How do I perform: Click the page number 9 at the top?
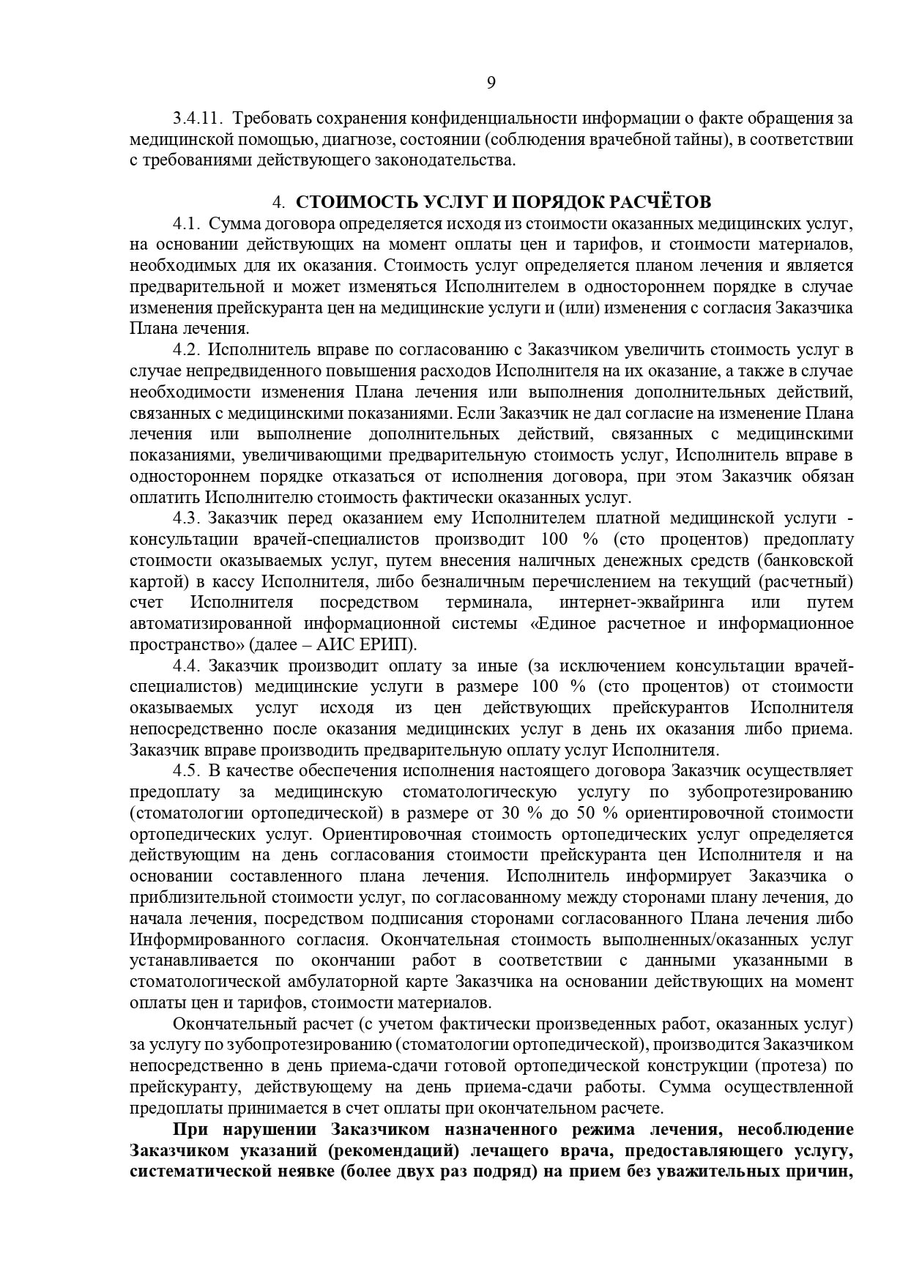click(491, 82)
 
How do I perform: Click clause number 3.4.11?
click(197, 118)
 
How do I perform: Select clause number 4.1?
click(186, 223)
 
